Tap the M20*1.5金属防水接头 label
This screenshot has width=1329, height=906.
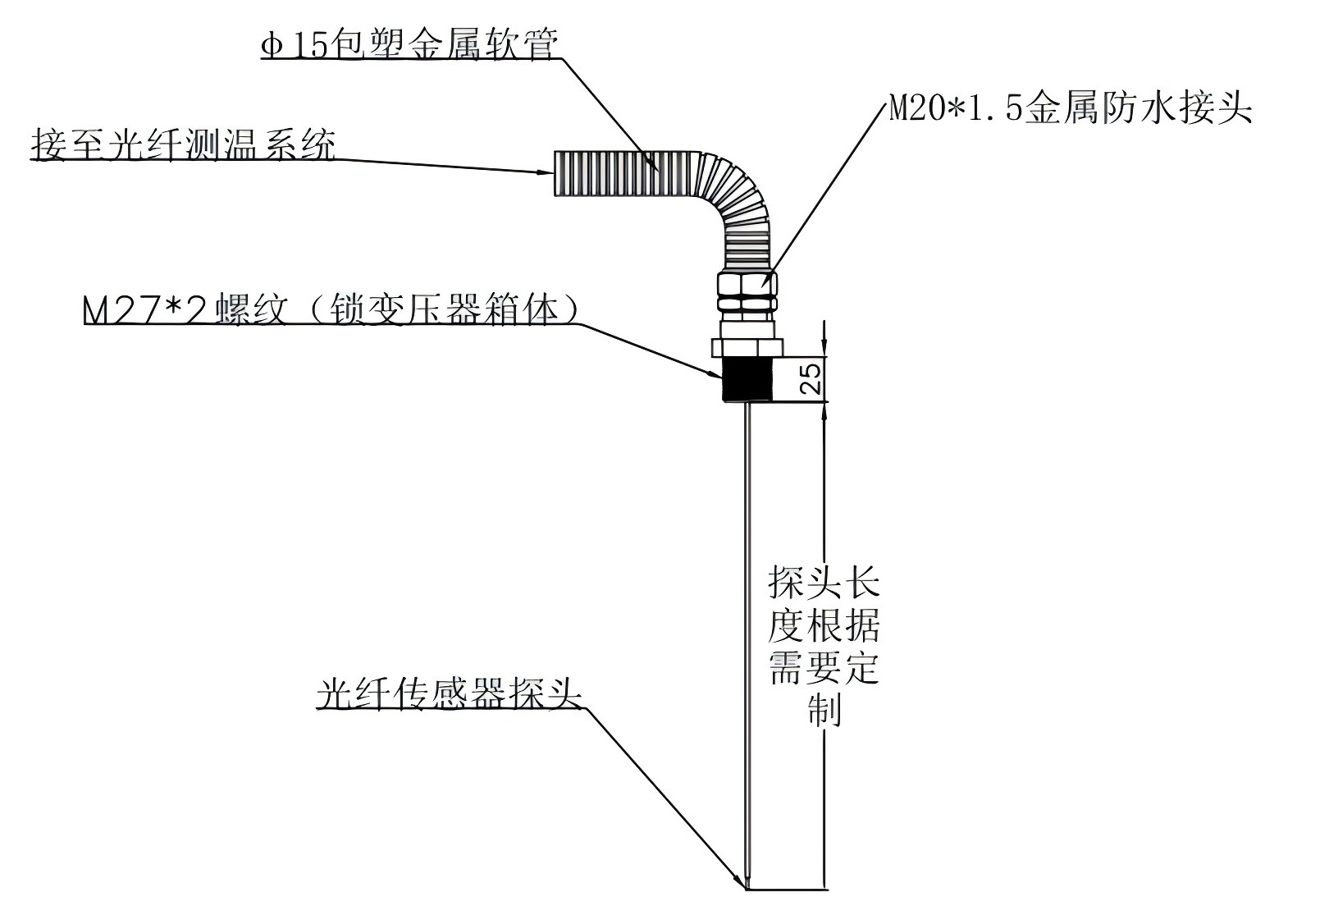tap(1071, 109)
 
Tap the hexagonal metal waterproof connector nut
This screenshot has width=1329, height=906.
tap(747, 293)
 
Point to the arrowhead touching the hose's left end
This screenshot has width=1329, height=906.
tap(545, 172)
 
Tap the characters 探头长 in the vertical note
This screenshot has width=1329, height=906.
tap(824, 583)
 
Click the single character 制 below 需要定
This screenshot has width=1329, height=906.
tap(824, 708)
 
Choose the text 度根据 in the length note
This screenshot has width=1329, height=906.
tap(824, 626)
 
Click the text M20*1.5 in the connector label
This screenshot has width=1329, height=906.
tap(957, 109)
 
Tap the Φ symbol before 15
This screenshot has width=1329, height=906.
tap(272, 45)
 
